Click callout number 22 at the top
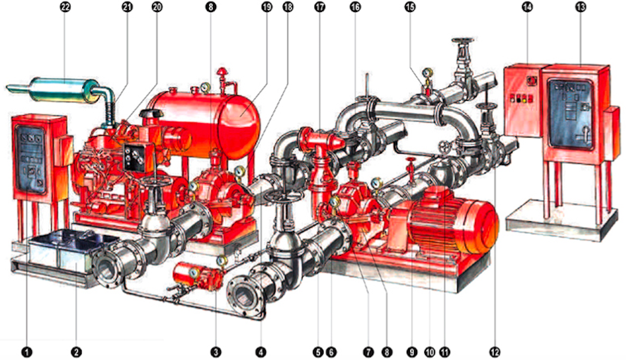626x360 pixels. (x=65, y=7)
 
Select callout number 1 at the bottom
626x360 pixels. (x=27, y=352)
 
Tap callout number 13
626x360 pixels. (x=580, y=7)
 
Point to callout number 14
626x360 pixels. (x=527, y=7)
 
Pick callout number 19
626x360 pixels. (x=266, y=7)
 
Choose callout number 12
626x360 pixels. (x=494, y=352)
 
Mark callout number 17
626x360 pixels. (x=319, y=7)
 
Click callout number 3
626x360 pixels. (x=215, y=352)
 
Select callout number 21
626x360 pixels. (x=127, y=7)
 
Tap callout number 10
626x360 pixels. (x=430, y=352)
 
